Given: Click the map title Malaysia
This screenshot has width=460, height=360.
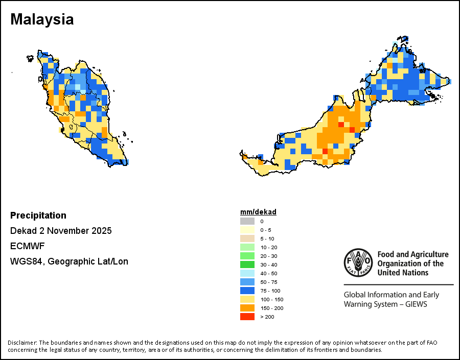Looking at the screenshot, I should pos(42,19).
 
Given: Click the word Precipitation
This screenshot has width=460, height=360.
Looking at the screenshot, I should pos(38,215).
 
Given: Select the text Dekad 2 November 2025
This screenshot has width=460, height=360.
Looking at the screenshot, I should pos(61,231).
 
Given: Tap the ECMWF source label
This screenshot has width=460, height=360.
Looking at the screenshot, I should pos(27,246).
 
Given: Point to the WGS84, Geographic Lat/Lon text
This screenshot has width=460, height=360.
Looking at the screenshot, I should pos(69,261).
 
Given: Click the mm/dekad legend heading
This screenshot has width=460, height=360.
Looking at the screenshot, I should pos(258,212).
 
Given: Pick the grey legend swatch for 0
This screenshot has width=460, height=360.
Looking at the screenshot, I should pos(247,221).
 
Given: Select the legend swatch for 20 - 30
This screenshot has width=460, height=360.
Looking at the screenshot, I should pos(247,256).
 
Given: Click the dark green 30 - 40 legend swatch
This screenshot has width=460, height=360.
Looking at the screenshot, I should pos(247,265).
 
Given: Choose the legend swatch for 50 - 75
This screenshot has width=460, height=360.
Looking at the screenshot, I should pos(247,282).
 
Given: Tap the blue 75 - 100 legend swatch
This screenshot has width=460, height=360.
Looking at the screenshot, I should pos(247,291).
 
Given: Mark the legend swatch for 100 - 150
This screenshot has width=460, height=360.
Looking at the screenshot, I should pos(247,299).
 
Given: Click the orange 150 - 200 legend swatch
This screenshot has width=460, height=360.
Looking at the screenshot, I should pos(247,308).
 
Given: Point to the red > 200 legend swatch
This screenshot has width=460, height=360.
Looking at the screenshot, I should pos(247,317).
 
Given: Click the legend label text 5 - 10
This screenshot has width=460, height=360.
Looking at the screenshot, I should pos(267,238).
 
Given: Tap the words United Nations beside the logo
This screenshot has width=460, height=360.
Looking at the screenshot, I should pos(403,273).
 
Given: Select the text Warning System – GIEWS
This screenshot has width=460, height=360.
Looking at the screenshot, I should pos(385,304).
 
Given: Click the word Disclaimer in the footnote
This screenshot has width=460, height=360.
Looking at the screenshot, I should pos(22,342).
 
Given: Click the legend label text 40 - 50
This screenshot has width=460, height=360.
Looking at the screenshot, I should pos(268,273).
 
